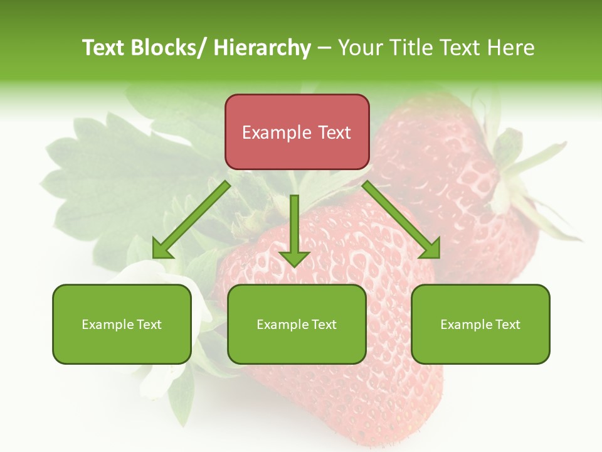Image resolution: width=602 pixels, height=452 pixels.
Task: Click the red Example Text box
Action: click(297, 132)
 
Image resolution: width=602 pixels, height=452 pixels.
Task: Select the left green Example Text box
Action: click(122, 324)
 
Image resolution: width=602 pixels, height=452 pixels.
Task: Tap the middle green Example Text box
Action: click(297, 324)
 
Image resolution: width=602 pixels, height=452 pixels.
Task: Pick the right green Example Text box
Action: click(480, 324)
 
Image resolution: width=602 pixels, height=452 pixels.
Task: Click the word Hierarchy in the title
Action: click(262, 48)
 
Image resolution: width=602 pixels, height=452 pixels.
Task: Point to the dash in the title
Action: click(324, 48)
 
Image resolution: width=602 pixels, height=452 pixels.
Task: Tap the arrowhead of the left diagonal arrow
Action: click(163, 249)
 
